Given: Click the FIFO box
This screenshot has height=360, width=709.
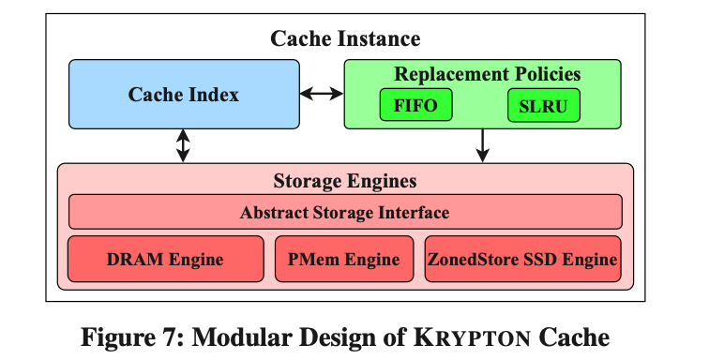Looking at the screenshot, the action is tap(416, 105).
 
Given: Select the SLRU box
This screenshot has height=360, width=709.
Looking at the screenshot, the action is tap(544, 105).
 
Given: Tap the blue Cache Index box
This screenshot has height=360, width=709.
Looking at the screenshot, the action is tap(184, 94).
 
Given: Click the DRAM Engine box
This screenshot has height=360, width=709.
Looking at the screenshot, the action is tap(165, 259).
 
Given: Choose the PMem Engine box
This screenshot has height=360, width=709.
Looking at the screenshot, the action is tap(344, 259).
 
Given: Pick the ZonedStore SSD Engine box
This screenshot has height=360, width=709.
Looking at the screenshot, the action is tap(522, 259).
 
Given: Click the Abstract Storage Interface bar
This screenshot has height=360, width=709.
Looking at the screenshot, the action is tap(345, 212).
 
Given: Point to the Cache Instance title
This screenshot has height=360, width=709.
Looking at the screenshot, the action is tap(345, 38).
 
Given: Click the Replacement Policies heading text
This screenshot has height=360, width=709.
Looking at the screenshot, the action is tap(487, 74).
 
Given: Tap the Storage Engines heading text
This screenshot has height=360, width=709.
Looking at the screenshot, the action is tap(345, 181).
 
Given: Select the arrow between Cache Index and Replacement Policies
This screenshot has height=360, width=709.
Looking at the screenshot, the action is tap(322, 94).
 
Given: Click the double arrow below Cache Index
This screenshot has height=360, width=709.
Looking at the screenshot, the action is tap(183, 145).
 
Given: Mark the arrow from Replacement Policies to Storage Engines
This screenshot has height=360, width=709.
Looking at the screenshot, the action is tap(482, 145).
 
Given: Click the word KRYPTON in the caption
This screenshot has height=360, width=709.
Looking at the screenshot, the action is tap(472, 337).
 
